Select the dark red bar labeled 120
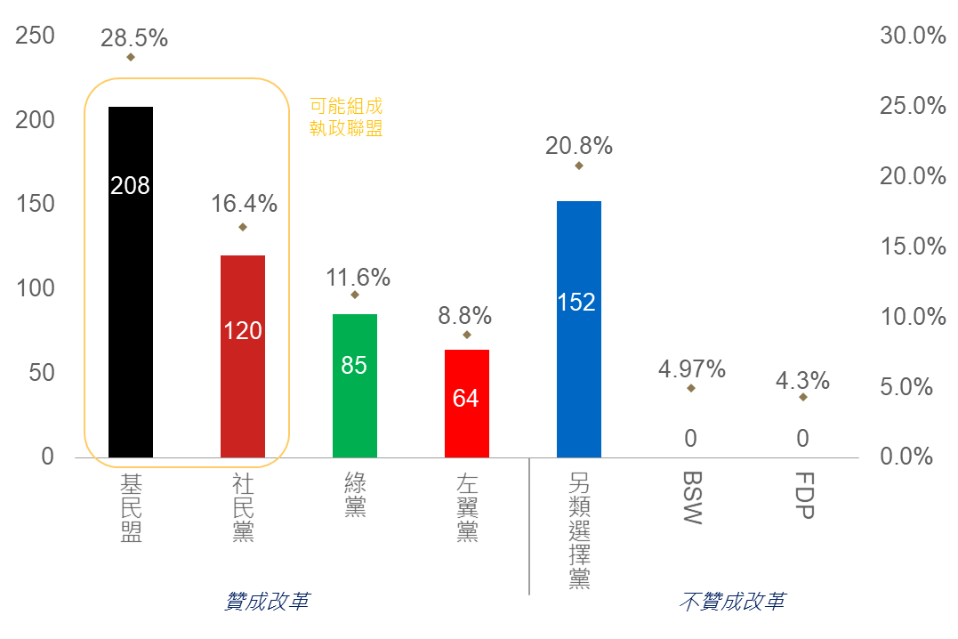243,356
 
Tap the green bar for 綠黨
355,385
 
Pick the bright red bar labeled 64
467,403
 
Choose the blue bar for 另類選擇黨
579,328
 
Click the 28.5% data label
134,38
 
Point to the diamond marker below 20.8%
579,166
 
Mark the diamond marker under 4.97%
691,388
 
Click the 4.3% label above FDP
803,381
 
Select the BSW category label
691,498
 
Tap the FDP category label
803,496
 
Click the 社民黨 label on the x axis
243,507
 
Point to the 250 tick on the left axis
36,36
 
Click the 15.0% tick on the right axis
913,246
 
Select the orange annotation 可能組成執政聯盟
346,117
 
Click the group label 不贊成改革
732,603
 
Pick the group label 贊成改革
268,603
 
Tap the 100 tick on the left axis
36,288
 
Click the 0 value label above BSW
691,438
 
